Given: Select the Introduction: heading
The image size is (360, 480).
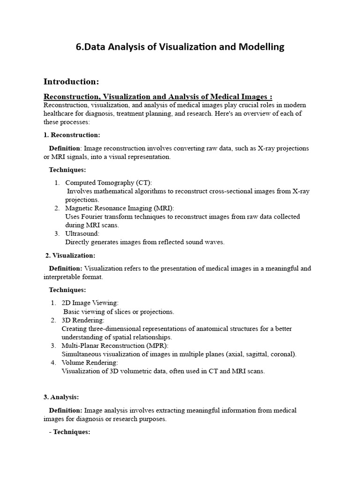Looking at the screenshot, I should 71,82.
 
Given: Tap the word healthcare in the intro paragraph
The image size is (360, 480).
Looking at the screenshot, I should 60,114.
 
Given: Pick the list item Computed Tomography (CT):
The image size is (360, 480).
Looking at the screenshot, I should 108,182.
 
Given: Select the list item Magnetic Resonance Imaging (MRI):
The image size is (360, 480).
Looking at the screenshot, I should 122,208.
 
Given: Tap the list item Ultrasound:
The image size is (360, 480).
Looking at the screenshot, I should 82,233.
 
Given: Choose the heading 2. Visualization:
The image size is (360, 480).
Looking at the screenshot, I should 70,255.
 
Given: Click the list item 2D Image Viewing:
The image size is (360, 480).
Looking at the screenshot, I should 90,303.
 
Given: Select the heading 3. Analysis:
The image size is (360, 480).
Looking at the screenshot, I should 61,397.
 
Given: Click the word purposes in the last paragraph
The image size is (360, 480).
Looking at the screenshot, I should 151,419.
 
